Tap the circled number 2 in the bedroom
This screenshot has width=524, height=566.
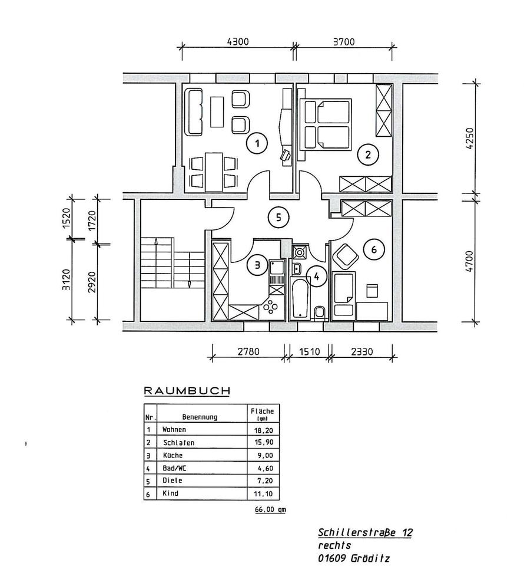tap(368, 156)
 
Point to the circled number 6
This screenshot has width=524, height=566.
tap(374, 249)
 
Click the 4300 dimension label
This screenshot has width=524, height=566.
tap(237, 42)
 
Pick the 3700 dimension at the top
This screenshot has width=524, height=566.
tap(344, 42)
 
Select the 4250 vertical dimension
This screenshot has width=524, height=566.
tap(469, 140)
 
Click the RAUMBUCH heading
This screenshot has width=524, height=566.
tap(187, 390)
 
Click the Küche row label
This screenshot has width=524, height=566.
tap(173, 455)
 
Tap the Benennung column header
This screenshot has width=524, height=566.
tap(200, 417)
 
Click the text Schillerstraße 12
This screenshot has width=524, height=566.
tap(365, 532)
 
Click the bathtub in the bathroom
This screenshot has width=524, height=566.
tap(300, 300)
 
